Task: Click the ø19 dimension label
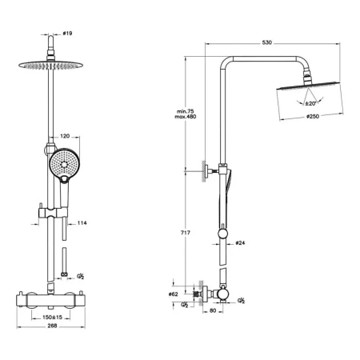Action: pos(67,34)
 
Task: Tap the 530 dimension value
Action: pos(266,42)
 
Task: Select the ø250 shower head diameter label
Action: pos(313,116)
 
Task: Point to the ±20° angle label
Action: pos(310,103)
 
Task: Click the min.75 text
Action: pos(186,111)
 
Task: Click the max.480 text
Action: pos(186,117)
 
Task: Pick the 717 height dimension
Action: pos(186,233)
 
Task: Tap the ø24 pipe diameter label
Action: pos(240,243)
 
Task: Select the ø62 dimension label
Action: pos(173,294)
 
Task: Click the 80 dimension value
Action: pos(213,310)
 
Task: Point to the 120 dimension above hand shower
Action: pos(65,136)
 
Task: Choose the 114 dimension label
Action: pos(82,222)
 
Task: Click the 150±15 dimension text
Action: pos(52,317)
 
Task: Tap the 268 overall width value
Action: pos(52,326)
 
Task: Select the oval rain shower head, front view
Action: pos(50,65)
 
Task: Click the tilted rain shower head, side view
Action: pos(309,86)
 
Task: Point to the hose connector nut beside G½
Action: pos(64,274)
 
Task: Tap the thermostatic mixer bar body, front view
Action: pos(50,301)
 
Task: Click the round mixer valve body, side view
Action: pos(222,294)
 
